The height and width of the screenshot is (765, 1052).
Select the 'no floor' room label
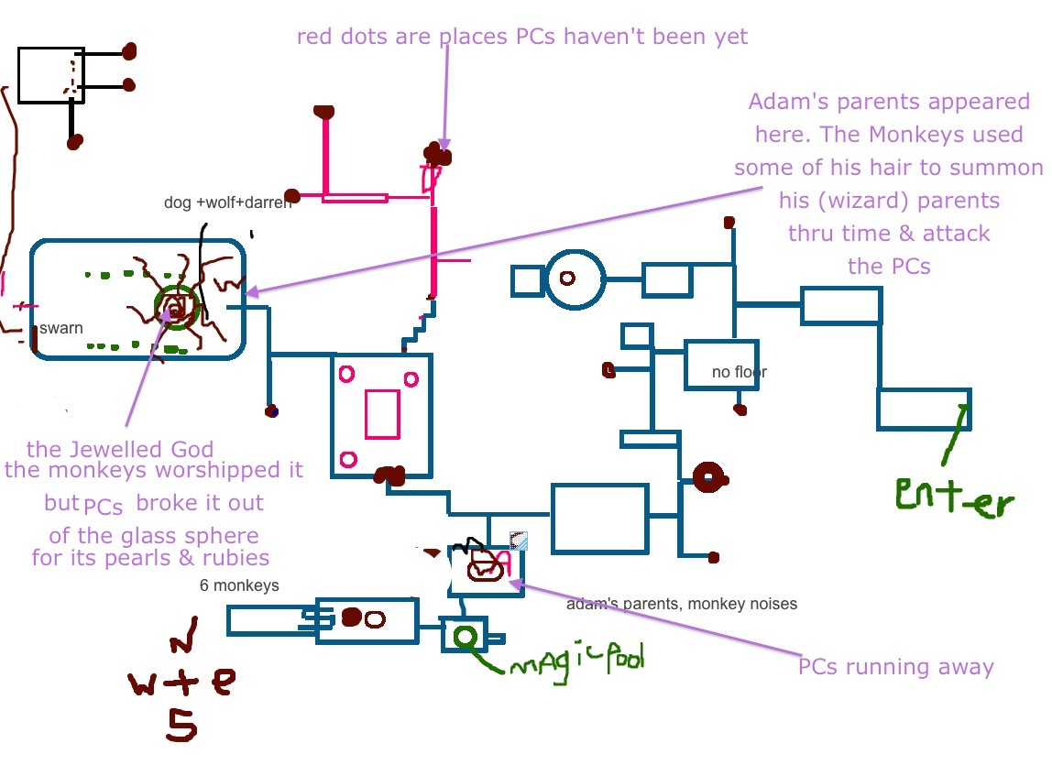(739, 372)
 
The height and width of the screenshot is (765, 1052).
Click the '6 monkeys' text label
(239, 585)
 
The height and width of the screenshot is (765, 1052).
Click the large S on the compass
(181, 723)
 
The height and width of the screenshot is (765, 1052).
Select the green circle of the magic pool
(466, 635)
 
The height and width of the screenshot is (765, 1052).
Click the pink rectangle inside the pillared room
(382, 414)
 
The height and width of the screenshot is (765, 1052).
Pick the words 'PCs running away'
(895, 666)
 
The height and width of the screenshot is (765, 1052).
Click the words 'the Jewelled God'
(120, 449)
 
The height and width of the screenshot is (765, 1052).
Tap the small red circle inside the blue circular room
(567, 277)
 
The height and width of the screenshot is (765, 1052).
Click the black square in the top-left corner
(51, 75)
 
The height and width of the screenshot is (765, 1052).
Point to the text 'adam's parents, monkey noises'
(681, 604)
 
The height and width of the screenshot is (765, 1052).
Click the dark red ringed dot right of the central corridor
(708, 476)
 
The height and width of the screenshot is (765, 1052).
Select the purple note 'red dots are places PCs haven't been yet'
(522, 37)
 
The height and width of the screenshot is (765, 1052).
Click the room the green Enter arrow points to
(923, 409)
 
